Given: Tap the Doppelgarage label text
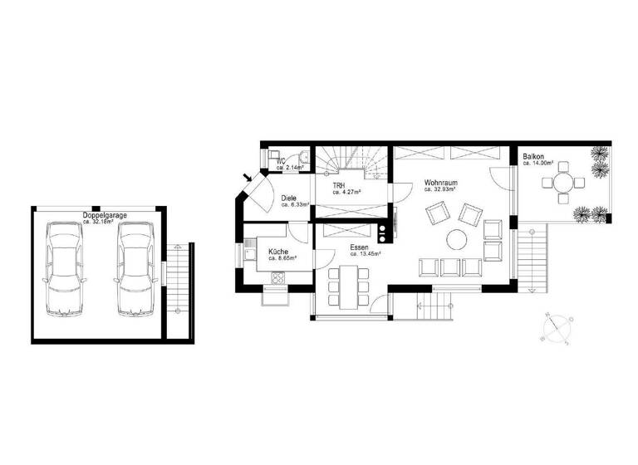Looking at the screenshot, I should click(x=105, y=216).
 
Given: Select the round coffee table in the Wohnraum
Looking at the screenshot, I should click(x=457, y=239).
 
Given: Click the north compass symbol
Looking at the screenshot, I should click(x=553, y=327).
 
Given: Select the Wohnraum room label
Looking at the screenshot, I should click(x=440, y=183).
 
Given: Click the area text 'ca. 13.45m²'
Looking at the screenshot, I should click(x=365, y=255).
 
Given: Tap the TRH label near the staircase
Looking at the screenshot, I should click(x=338, y=186).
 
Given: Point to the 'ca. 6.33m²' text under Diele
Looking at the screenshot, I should click(x=295, y=204).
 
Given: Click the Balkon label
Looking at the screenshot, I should click(x=533, y=156).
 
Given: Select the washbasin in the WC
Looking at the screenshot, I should click(x=304, y=157).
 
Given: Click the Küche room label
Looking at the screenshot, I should click(x=278, y=252).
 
